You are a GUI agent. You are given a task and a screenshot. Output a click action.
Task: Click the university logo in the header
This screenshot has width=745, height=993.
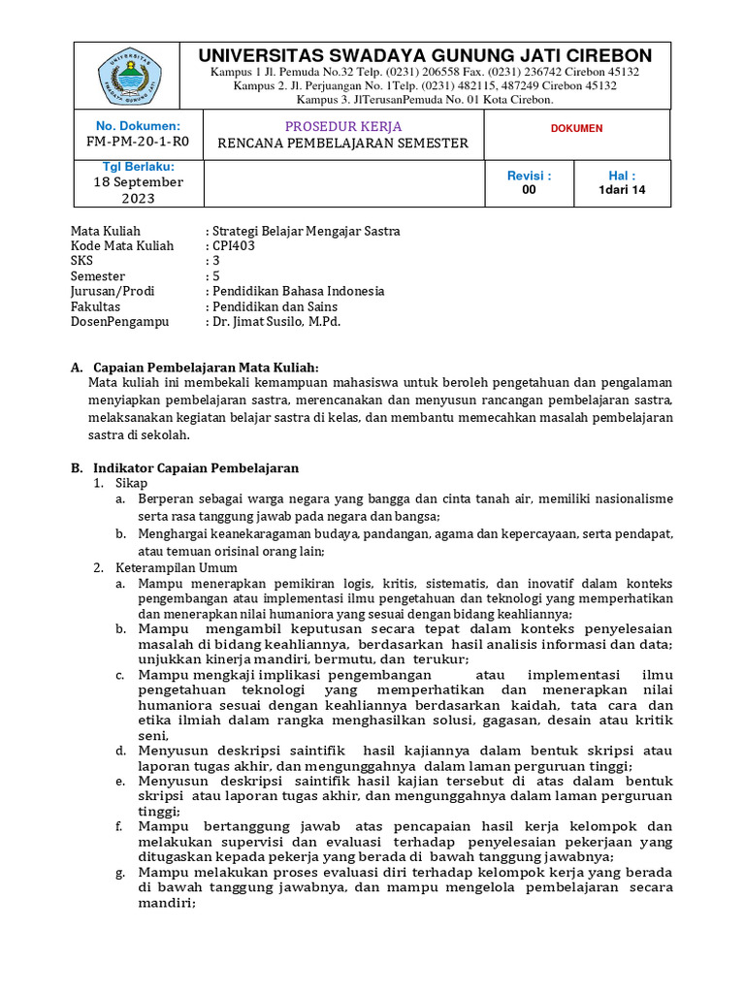pos(129,75)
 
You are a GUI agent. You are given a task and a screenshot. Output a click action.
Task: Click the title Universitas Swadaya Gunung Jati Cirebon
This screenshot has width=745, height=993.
pos(425,55)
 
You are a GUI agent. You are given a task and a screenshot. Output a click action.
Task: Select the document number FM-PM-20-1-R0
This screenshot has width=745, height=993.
pos(138,142)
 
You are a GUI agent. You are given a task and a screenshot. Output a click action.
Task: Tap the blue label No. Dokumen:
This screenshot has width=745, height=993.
pos(138,125)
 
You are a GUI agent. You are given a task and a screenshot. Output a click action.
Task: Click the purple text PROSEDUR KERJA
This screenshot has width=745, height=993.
pos(342,126)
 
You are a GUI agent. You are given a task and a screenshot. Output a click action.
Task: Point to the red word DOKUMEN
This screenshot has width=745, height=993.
pos(576,128)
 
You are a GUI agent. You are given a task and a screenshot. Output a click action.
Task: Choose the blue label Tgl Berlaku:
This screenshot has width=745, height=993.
pos(138,167)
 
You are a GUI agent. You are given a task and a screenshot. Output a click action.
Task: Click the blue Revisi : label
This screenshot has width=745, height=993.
pos(529,176)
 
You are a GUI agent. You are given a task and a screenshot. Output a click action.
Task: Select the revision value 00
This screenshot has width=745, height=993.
pos(529,190)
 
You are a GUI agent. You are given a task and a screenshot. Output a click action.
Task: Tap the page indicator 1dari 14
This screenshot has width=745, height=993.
pos(622,190)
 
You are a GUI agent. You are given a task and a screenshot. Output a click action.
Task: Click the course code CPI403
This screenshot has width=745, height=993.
pos(234,245)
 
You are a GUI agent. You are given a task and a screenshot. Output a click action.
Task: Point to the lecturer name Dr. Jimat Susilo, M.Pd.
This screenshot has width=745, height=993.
pos(276,320)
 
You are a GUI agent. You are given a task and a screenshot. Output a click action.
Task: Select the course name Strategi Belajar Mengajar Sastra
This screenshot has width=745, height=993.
pos(306,231)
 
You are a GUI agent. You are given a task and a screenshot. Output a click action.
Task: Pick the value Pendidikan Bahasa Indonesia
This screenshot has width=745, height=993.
pos(299,291)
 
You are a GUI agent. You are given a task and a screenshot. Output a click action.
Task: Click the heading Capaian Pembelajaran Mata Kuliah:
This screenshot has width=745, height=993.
pos(205,367)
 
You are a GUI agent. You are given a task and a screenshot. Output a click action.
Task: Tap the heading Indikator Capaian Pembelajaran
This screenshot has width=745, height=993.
pos(195,467)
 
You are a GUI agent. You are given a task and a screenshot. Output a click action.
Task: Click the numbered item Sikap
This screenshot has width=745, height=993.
pos(132,483)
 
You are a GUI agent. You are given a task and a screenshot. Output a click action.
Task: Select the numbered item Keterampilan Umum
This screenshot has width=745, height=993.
pos(176,567)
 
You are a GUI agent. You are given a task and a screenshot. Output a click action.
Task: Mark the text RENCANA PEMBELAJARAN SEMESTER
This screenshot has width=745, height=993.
pos(342,144)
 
